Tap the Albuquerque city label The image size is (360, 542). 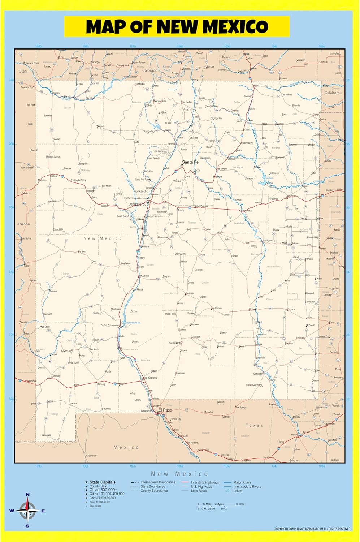139,205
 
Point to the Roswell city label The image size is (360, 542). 253,309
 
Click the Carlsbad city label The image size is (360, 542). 257,374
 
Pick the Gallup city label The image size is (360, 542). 53,176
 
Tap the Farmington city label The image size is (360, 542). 69,96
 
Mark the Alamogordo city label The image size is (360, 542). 175,343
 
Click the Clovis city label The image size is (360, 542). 308,245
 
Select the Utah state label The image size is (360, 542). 23,71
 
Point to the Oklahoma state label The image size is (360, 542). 333,93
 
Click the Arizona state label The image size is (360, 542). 23,224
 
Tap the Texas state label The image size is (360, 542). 254,425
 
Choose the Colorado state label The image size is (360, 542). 149,70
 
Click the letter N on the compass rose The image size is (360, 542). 27,494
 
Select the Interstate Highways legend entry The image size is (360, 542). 205,482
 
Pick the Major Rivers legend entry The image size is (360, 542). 242,482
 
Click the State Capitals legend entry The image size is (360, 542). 103,482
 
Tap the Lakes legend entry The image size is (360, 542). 238,491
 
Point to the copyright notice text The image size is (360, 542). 312,529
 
